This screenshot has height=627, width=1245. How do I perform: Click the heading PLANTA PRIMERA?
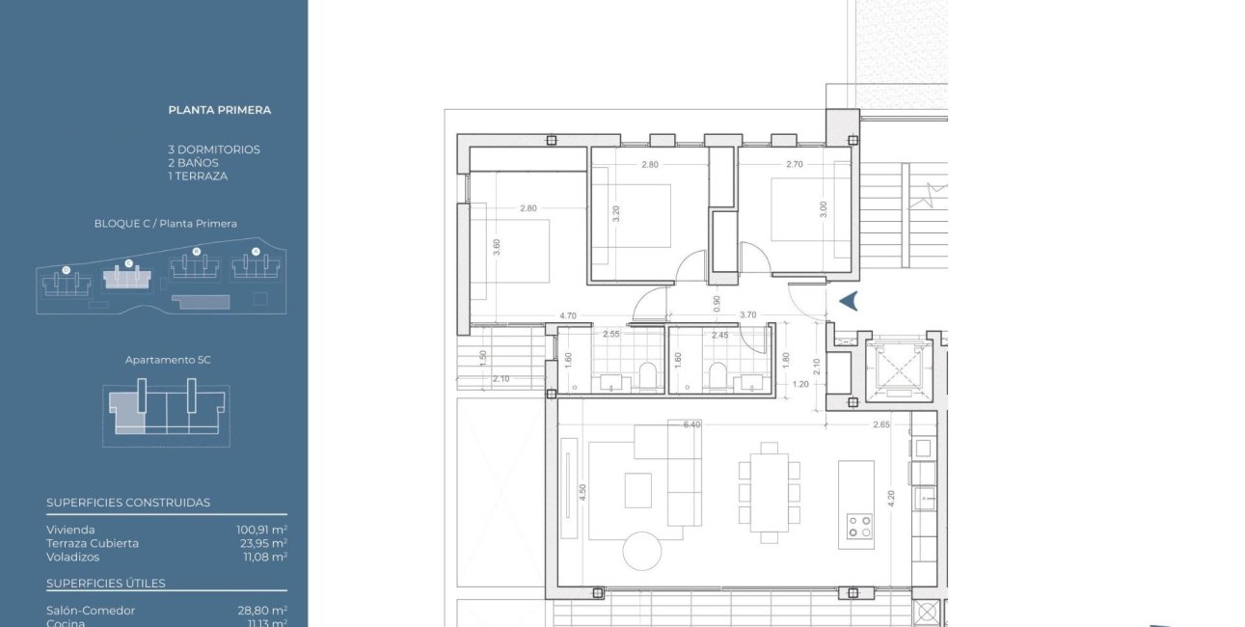(x=219, y=110)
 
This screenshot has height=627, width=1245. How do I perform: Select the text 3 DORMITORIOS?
(x=213, y=150)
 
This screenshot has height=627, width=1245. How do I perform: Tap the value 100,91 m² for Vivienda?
(x=262, y=530)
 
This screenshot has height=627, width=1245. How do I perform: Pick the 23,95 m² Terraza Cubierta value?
(x=262, y=543)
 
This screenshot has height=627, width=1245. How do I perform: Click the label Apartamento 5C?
(x=168, y=360)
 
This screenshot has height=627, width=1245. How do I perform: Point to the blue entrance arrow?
(x=849, y=302)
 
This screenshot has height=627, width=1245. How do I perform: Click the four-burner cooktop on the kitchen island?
(x=859, y=526)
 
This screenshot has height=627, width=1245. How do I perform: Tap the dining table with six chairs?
(x=769, y=492)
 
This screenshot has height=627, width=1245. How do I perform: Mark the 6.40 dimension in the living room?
(x=692, y=424)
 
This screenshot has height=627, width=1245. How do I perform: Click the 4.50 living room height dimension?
(x=581, y=492)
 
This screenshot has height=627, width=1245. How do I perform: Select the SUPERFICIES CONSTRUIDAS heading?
(x=128, y=503)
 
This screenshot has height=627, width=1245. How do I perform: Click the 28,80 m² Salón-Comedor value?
(x=262, y=611)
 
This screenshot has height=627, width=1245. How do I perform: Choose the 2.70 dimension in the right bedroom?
(x=795, y=165)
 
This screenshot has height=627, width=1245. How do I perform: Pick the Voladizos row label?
(x=73, y=557)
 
